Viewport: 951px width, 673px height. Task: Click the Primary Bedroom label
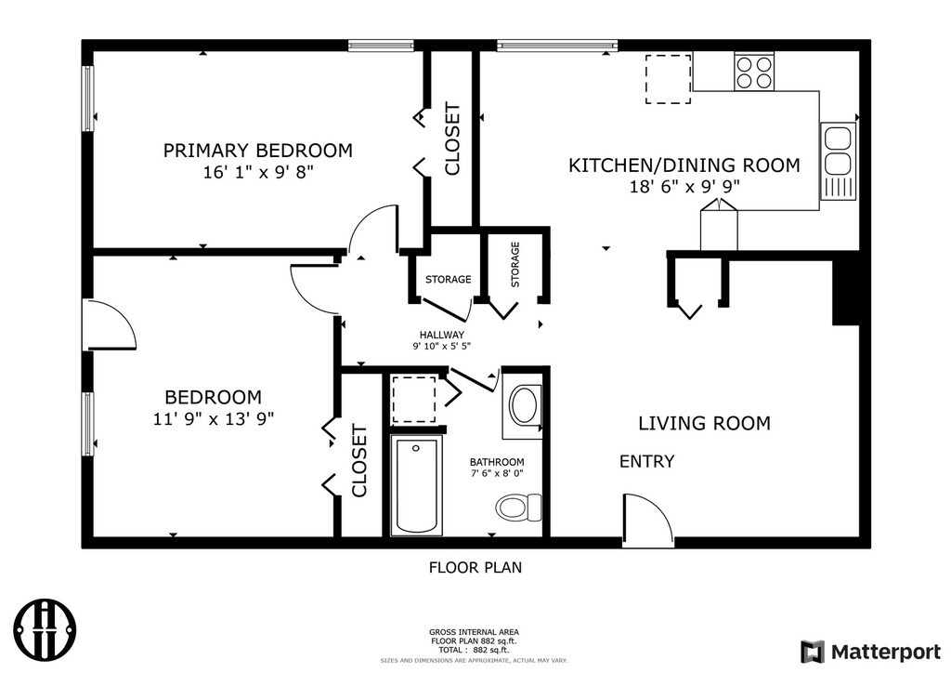point(258,150)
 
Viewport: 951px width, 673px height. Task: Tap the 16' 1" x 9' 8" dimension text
point(258,172)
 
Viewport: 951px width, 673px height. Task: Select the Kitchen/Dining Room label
point(684,165)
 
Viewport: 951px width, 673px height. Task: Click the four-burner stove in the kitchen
point(754,72)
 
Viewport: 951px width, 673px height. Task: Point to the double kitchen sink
point(839,161)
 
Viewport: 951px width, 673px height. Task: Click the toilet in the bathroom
point(518,507)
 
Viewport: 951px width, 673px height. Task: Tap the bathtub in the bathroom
point(416,485)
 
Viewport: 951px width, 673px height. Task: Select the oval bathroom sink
point(524,405)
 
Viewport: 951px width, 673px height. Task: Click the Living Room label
point(704,423)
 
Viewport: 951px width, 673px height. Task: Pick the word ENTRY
point(646,462)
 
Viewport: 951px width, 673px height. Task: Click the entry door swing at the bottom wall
point(647,521)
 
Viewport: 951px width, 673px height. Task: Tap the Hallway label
point(441,335)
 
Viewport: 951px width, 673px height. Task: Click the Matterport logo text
point(885,652)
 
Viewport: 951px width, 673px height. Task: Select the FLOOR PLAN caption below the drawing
point(475,567)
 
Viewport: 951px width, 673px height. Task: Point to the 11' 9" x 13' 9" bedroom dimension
point(214,418)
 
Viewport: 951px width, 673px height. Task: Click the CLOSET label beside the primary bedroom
point(452,140)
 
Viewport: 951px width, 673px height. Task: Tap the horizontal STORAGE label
point(449,279)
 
